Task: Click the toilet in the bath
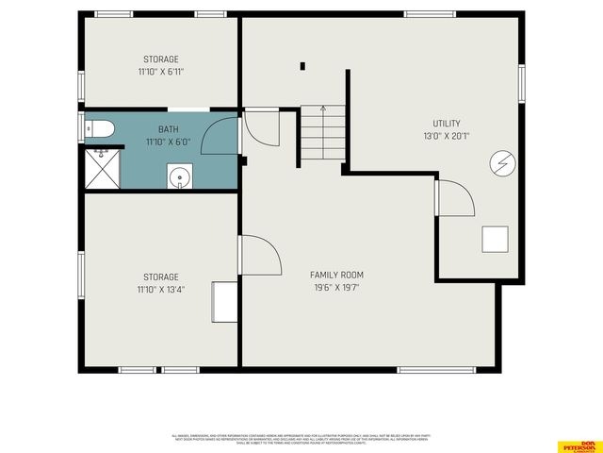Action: click(x=99, y=129)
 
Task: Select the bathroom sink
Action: click(x=178, y=176)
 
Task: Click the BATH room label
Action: click(x=168, y=129)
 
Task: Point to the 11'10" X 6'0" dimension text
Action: click(x=168, y=142)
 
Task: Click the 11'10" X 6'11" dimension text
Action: click(x=160, y=71)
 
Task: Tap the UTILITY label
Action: click(x=447, y=124)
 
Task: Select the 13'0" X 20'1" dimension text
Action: click(x=447, y=136)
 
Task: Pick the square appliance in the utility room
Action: click(x=495, y=240)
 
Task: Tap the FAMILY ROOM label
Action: click(x=336, y=275)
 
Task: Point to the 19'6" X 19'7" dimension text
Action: click(x=336, y=288)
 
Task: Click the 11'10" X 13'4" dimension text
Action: click(x=160, y=289)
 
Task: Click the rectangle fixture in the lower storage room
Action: click(x=225, y=301)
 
